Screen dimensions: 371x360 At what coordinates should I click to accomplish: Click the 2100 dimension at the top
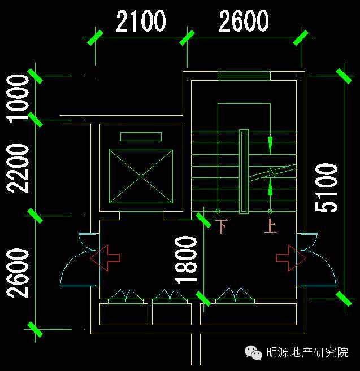pos(141,21)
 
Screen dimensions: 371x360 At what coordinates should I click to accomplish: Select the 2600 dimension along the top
pos(244,21)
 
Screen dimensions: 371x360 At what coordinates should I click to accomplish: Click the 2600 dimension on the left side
pos(18,272)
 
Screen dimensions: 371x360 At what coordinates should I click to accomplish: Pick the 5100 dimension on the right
pos(327,187)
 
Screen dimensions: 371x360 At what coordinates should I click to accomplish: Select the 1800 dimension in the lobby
pos(186,260)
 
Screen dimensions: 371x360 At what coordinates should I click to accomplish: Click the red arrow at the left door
pos(105,257)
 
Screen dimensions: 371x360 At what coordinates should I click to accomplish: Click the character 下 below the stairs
pos(222,227)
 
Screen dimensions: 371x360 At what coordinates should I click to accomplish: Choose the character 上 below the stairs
pos(270,227)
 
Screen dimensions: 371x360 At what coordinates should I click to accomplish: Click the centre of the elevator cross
pos(141,176)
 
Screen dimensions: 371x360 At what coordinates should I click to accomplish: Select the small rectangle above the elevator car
pos(141,137)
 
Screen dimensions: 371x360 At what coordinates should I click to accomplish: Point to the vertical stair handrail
pos(244,172)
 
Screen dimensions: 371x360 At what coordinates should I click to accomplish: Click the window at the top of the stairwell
pos(244,76)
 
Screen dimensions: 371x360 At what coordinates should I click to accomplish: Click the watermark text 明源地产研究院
pos(307,353)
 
